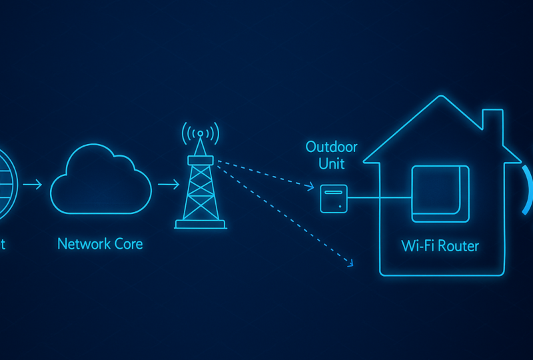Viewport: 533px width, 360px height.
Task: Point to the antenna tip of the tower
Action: click(200, 133)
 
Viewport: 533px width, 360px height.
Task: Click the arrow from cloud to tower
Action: click(169, 184)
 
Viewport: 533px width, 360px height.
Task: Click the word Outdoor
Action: click(331, 147)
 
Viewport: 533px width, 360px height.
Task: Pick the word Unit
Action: click(331, 164)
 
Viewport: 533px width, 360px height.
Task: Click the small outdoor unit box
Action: click(333, 198)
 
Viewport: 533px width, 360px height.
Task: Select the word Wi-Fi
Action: click(417, 246)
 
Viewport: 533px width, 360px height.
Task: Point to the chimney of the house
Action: click(492, 127)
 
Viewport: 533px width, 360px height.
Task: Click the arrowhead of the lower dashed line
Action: click(349, 263)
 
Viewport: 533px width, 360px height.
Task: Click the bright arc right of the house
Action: click(528, 190)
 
